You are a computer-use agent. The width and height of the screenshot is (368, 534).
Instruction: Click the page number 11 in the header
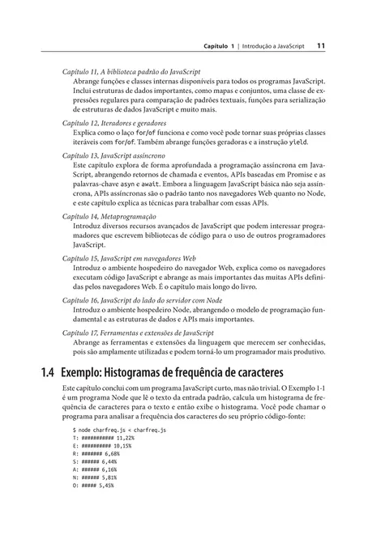(x=321, y=46)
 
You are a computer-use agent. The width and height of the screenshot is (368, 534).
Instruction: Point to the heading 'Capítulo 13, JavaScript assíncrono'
(x=118, y=154)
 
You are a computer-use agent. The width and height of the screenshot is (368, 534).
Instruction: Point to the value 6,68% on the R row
(x=113, y=477)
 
